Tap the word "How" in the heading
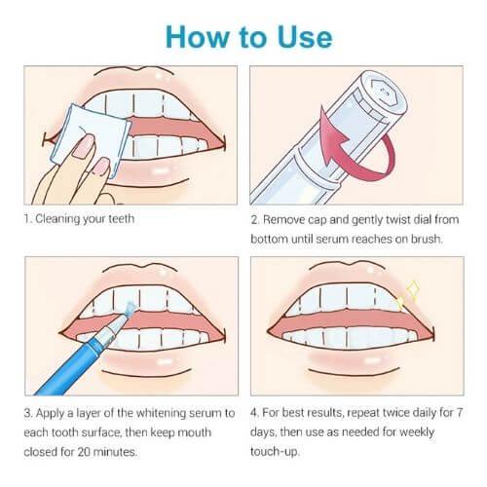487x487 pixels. tap(198, 37)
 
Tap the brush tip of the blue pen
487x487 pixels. tap(129, 309)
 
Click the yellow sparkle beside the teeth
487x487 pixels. tap(408, 295)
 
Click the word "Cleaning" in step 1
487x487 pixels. tap(57, 219)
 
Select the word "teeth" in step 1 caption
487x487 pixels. tap(121, 218)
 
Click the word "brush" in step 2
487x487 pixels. tap(427, 239)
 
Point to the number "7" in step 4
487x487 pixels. tap(459, 413)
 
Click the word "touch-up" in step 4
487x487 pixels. tap(275, 452)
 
